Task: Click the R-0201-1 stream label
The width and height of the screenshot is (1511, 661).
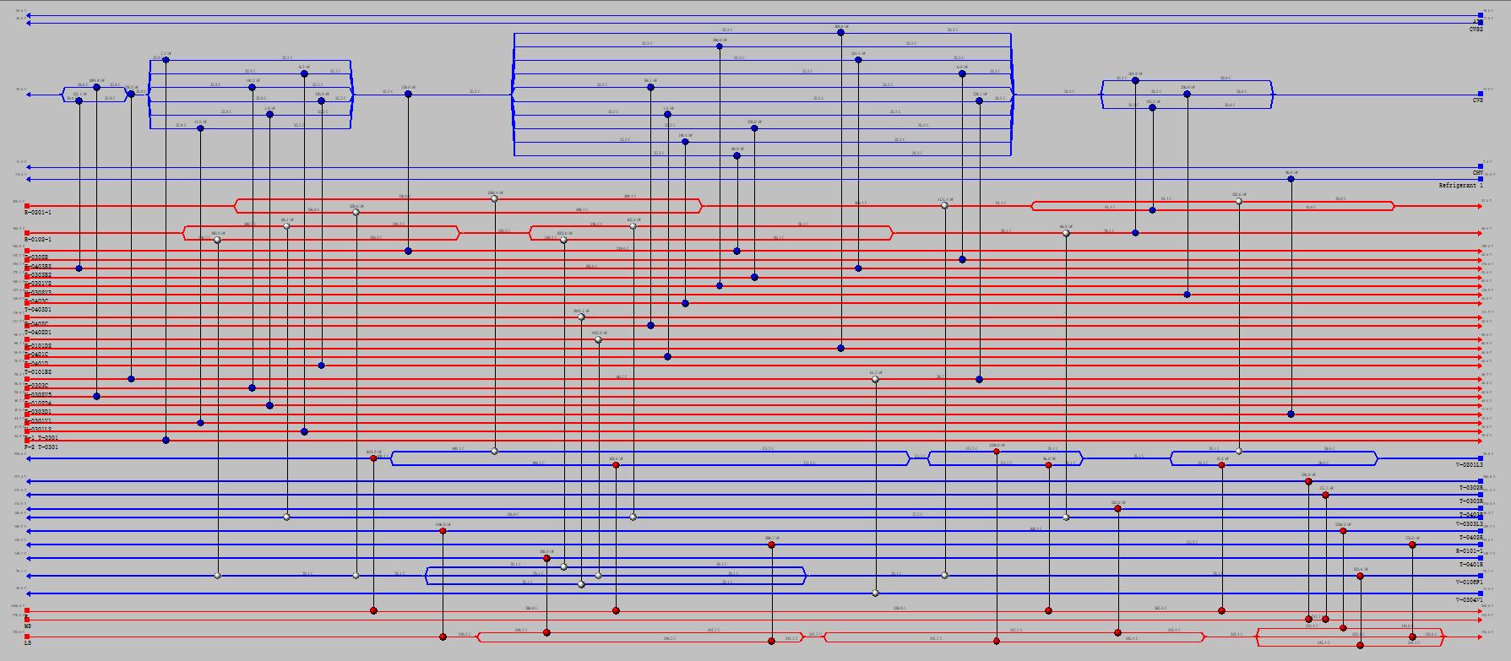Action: tap(38, 213)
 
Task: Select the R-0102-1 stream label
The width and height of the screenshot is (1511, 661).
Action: tap(38, 240)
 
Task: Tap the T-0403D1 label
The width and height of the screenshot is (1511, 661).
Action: tap(38, 310)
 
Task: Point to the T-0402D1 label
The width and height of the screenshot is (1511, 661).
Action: tap(38, 333)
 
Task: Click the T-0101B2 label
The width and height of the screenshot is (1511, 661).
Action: tap(38, 372)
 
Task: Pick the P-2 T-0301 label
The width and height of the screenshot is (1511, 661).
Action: tap(41, 447)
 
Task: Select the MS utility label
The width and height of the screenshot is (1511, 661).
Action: tap(28, 626)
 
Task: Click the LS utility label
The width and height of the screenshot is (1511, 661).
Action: tap(28, 643)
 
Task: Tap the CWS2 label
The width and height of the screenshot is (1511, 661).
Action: tap(1476, 30)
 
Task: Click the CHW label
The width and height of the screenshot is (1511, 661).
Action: tap(1478, 173)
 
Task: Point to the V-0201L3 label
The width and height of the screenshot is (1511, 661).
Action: tap(1469, 465)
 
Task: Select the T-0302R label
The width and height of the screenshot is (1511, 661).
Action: tap(1470, 488)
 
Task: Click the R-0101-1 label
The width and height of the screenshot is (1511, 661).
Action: tap(1469, 551)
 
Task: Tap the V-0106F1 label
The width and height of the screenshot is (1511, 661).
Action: tap(1469, 582)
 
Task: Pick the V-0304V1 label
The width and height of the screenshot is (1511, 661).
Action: tap(1469, 600)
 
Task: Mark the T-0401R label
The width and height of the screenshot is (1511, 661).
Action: tap(1470, 565)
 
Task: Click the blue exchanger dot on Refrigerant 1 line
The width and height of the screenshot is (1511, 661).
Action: tap(1291, 179)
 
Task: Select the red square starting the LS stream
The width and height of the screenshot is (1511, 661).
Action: tap(27, 637)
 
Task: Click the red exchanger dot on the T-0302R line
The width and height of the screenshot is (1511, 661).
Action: tap(1308, 481)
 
